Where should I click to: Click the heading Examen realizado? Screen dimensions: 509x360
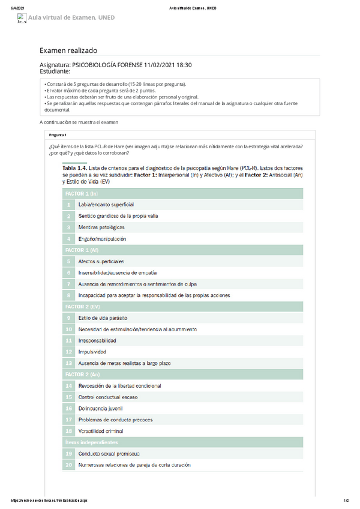click(x=68, y=51)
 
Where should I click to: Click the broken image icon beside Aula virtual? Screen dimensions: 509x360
click(x=23, y=18)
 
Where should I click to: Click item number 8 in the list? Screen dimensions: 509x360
click(x=69, y=295)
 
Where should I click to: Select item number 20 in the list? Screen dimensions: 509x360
click(x=69, y=465)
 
